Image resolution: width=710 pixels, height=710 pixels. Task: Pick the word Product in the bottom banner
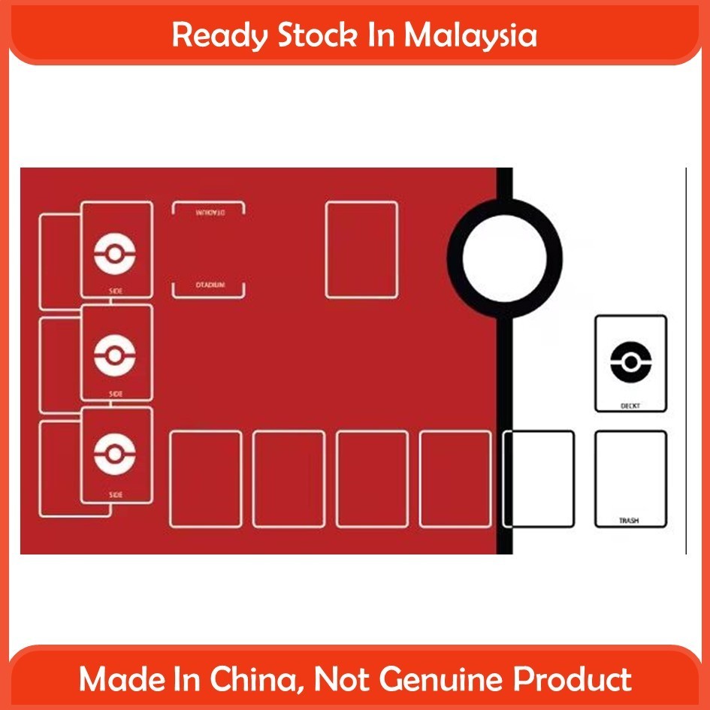coord(572,680)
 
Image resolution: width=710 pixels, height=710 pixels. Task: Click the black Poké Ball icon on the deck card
coord(630,362)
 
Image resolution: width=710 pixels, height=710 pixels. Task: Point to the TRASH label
coord(630,520)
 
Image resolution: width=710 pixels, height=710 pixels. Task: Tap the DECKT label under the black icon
coord(630,405)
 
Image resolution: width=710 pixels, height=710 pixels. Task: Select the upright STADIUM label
coord(210,286)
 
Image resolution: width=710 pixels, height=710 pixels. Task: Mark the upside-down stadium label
coord(210,212)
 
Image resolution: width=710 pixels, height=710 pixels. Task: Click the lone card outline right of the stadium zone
coord(361,249)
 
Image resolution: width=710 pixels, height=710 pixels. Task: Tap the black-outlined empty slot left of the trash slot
coord(538,479)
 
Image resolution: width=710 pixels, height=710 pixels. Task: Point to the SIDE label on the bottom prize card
coord(116,494)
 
